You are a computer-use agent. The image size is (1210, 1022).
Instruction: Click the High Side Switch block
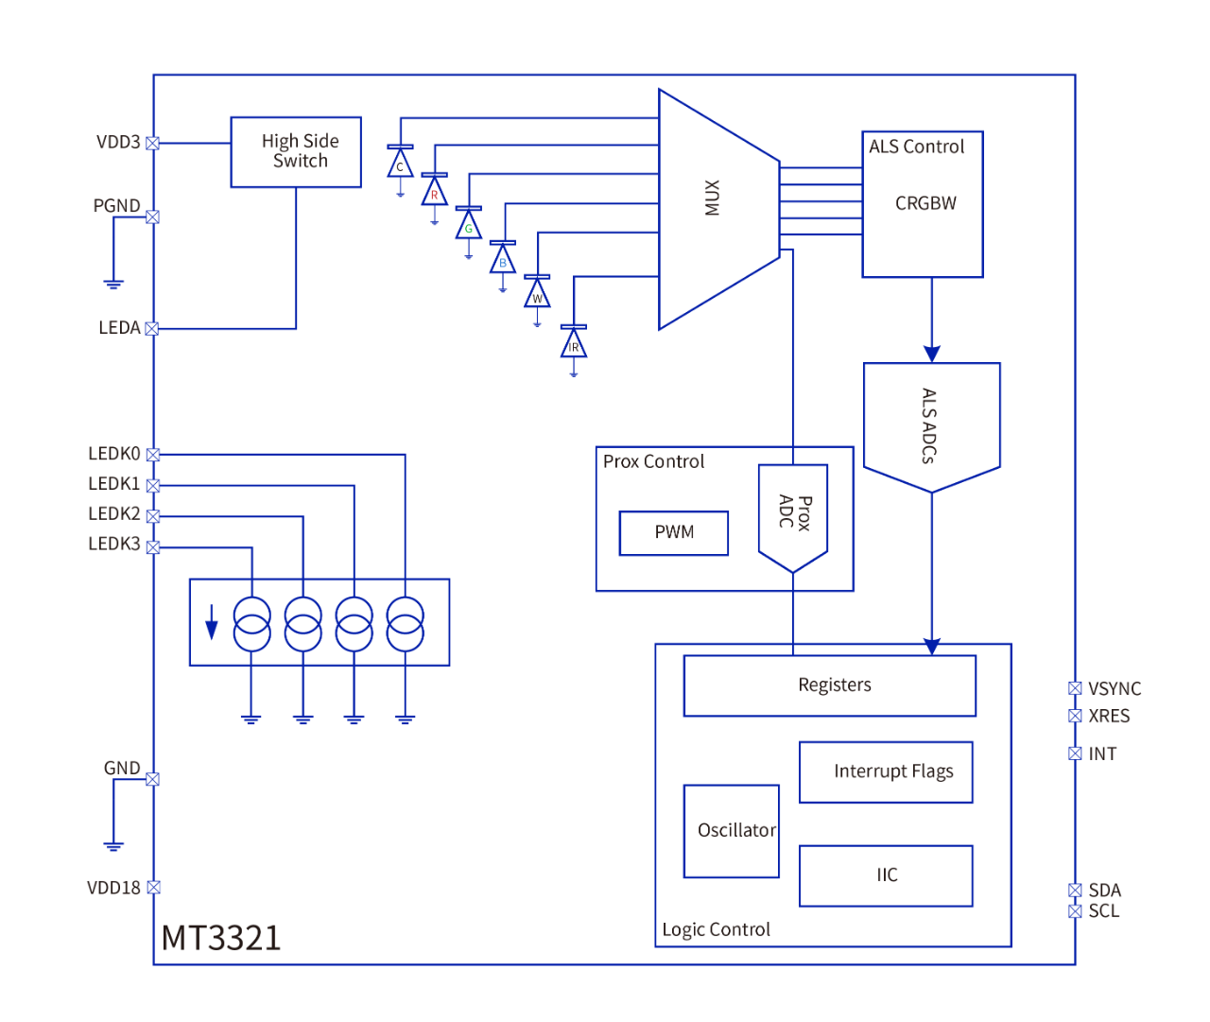coord(296,151)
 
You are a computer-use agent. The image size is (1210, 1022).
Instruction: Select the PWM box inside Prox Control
coord(674,533)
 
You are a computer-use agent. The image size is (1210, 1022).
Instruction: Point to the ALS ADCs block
coord(931,425)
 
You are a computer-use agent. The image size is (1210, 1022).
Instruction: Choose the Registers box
coord(830,685)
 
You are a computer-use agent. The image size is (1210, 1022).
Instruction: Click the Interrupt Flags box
coord(886,771)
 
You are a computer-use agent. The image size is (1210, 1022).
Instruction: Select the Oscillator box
coord(732,831)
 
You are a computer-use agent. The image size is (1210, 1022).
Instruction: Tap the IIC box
coord(886,875)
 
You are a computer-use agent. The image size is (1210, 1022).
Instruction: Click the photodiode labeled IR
coord(574,343)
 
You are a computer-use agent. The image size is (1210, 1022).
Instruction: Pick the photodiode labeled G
coord(469,225)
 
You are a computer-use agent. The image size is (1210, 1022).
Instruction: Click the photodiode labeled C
coord(400,164)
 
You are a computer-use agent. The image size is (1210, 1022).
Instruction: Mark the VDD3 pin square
coord(153,143)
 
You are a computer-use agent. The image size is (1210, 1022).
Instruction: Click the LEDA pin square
coord(152,329)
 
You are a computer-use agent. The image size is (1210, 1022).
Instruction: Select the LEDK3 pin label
coord(114,545)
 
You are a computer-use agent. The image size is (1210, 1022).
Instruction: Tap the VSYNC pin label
coord(1115,689)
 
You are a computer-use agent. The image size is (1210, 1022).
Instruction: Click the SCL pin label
coord(1104,911)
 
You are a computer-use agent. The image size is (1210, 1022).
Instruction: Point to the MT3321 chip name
coord(221,938)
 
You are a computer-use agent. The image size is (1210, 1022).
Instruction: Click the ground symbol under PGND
coord(113,283)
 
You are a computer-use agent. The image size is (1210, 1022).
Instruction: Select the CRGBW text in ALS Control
coord(925,203)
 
